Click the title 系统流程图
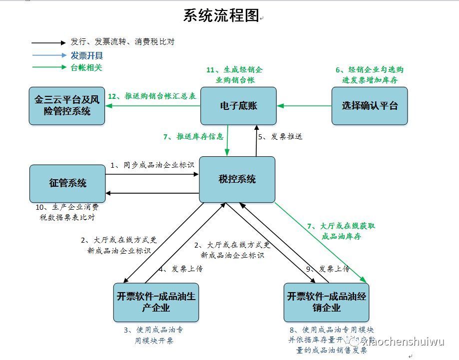pyautogui.click(x=221, y=15)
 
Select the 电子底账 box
pyautogui.click(x=238, y=106)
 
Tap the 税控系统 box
pyautogui.click(x=237, y=179)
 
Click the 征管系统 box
pyautogui.click(x=67, y=183)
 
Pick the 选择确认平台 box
pyautogui.click(x=370, y=106)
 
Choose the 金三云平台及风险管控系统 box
pyautogui.click(x=67, y=106)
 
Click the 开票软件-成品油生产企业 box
pyautogui.click(x=156, y=302)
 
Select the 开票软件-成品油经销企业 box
pyautogui.click(x=327, y=302)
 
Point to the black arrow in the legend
pyautogui.click(x=48, y=43)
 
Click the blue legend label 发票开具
pyautogui.click(x=86, y=55)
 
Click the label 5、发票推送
pyautogui.click(x=280, y=136)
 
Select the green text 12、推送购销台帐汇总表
pyautogui.click(x=152, y=95)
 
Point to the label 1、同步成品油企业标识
pyautogui.click(x=152, y=165)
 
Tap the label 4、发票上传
pyautogui.click(x=180, y=269)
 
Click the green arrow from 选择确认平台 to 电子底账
pyautogui.click(x=305, y=106)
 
